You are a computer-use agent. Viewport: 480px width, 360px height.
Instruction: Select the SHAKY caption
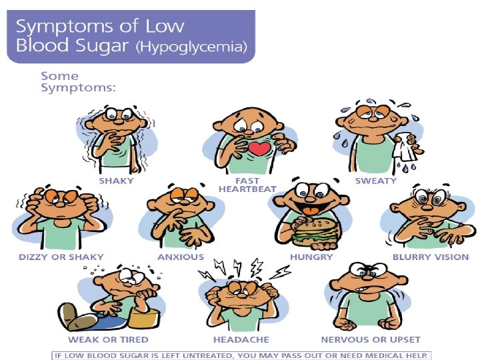[x=116, y=181]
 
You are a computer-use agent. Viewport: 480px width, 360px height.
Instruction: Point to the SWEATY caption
[x=375, y=181]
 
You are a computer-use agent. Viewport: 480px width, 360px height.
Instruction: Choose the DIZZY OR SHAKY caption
[x=51, y=257]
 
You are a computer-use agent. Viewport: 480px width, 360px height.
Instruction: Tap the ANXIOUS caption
[x=181, y=257]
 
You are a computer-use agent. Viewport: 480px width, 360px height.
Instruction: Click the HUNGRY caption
[x=310, y=257]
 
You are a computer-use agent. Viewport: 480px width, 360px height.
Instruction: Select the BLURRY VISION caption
[x=430, y=257]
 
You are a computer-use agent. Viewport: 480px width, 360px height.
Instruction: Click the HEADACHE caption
[x=241, y=340]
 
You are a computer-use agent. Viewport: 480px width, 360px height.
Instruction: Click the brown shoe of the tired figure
[x=70, y=314]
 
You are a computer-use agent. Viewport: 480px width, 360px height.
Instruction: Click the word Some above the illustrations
[x=60, y=76]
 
